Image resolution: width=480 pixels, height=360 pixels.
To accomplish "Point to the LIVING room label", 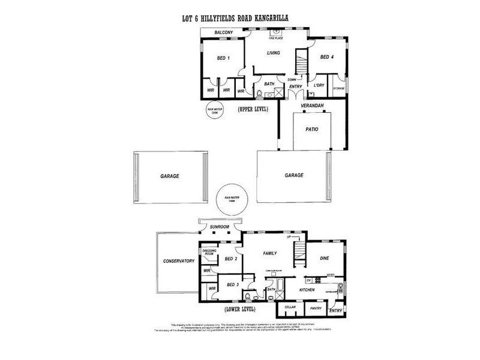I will pyautogui.click(x=274, y=52).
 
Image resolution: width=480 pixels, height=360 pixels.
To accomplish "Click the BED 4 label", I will pyautogui.click(x=327, y=58).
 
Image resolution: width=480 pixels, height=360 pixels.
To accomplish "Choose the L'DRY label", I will pyautogui.click(x=319, y=86).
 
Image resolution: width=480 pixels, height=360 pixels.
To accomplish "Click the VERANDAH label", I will pyautogui.click(x=313, y=106).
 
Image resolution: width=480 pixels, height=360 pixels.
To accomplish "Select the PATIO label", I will pyautogui.click(x=311, y=129).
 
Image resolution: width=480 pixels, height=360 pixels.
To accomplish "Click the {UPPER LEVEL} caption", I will pyautogui.click(x=252, y=109).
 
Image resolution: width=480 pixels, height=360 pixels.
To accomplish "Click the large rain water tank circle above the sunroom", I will pyautogui.click(x=232, y=200).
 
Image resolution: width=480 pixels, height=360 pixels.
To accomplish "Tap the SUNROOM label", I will pyautogui.click(x=220, y=227).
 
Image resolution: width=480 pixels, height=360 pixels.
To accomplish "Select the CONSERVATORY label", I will pyautogui.click(x=179, y=261).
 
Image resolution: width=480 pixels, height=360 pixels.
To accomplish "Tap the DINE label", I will pyautogui.click(x=325, y=258).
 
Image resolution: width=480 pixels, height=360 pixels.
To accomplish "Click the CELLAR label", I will pyautogui.click(x=290, y=307).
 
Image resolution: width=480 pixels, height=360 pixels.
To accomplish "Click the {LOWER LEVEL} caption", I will pyautogui.click(x=239, y=310).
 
